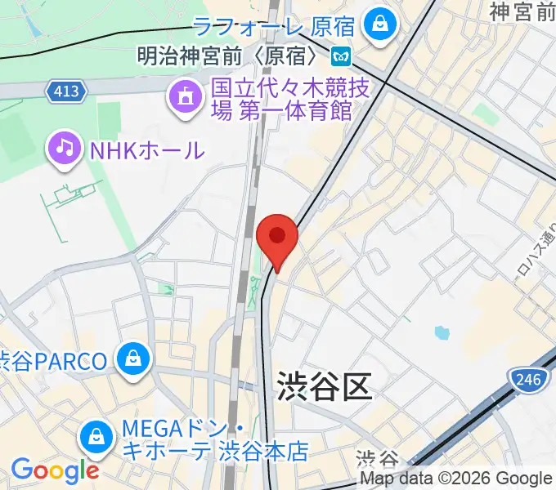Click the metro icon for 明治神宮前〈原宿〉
click(340, 57)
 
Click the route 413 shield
click(67, 91)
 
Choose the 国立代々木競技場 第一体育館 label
click(282, 98)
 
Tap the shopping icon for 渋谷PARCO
click(132, 359)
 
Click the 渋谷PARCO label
click(53, 360)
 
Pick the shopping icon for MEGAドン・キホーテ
click(97, 437)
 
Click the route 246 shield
click(526, 378)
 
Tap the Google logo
click(54, 470)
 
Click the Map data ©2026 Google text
click(455, 479)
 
